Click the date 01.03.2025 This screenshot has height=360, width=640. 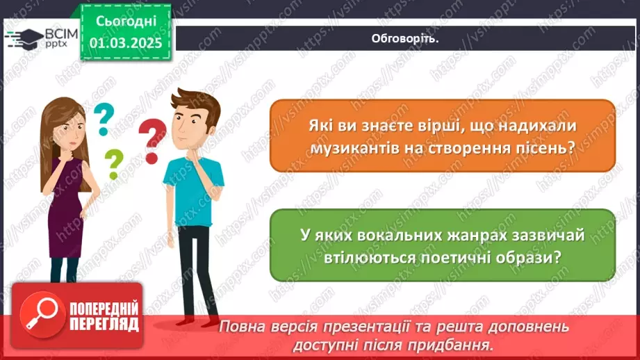[125, 42]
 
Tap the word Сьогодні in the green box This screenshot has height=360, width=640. [125, 22]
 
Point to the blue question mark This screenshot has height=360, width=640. [103, 119]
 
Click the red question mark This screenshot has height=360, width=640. [152, 140]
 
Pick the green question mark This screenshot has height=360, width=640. [113, 165]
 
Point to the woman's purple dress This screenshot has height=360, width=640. [66, 208]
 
